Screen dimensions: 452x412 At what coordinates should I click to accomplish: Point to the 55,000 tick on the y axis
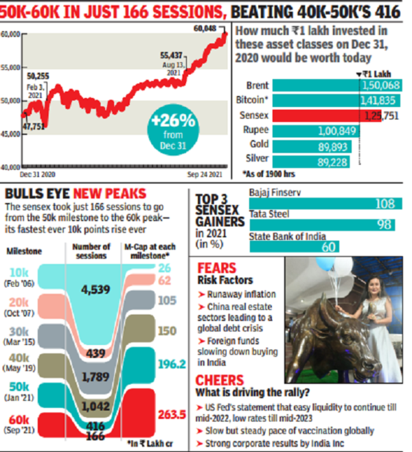click(10, 68)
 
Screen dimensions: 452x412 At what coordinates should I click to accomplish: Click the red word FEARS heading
click(218, 268)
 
